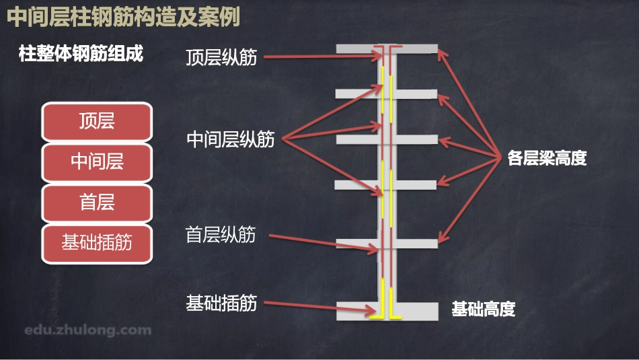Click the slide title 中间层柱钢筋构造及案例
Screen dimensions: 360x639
click(x=124, y=17)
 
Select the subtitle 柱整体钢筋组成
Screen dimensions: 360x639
click(x=81, y=54)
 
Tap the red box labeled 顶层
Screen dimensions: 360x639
click(x=97, y=121)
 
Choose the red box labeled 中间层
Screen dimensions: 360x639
click(x=97, y=161)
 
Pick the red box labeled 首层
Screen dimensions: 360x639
click(x=97, y=202)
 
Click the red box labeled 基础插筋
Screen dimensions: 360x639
click(x=97, y=243)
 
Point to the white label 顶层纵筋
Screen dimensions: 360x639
click(x=221, y=57)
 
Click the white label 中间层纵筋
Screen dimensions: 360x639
click(x=231, y=139)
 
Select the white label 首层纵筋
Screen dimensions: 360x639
click(x=221, y=235)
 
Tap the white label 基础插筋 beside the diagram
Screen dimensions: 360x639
click(x=221, y=303)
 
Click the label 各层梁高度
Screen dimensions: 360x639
click(x=547, y=159)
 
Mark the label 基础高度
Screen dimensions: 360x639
click(x=483, y=310)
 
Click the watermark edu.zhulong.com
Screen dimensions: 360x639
click(x=87, y=330)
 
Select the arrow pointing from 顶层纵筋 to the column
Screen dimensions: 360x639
click(x=323, y=57)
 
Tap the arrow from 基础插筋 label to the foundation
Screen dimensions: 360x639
click(x=316, y=308)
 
